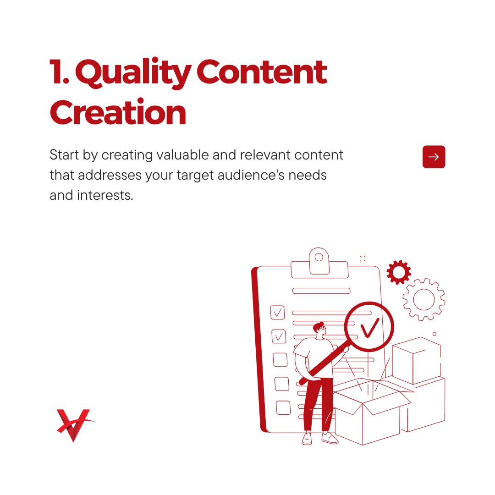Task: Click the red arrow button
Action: (434, 157)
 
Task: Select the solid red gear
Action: (398, 272)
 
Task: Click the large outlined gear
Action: (424, 299)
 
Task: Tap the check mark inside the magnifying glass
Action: (369, 327)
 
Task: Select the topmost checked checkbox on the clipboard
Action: (277, 313)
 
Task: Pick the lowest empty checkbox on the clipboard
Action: (283, 407)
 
